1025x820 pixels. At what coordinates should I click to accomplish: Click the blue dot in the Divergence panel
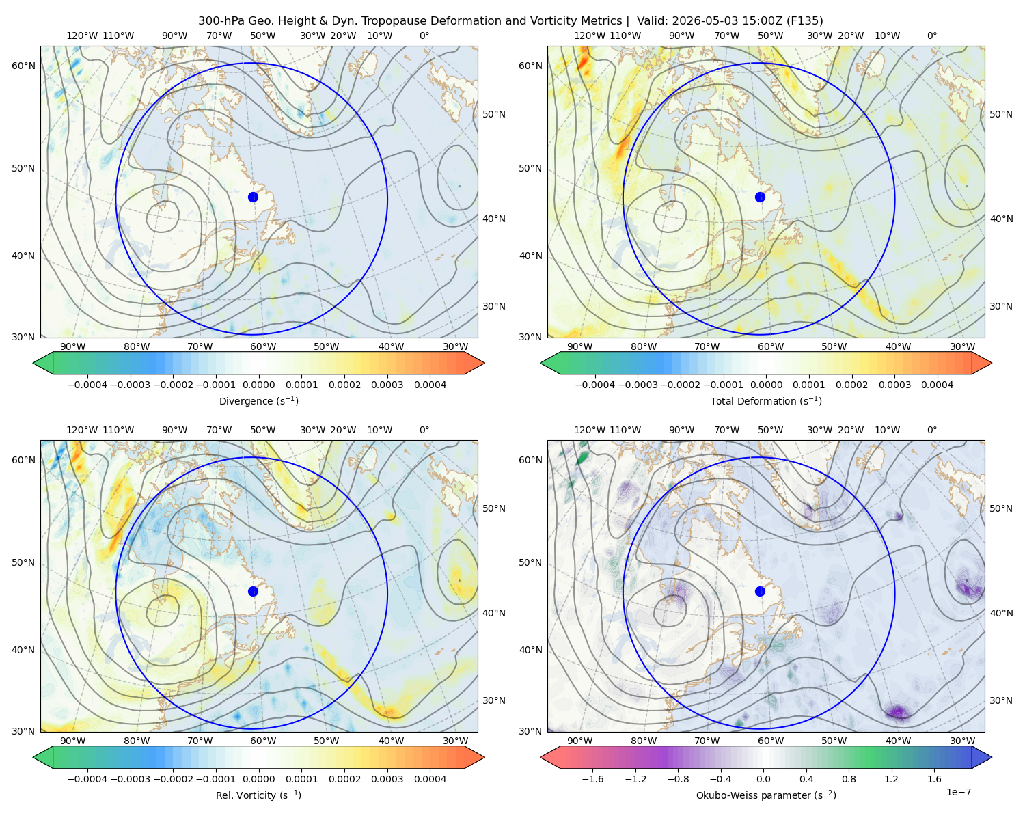253,197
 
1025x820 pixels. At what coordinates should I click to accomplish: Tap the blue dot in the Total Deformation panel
760,197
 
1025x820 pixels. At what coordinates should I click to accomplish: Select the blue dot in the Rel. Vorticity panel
253,591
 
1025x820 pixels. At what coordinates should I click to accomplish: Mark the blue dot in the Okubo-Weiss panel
760,591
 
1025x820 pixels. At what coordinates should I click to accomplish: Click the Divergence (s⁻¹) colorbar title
258,401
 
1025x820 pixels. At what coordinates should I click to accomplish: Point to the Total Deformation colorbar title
766,401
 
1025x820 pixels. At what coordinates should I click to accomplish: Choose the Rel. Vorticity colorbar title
258,795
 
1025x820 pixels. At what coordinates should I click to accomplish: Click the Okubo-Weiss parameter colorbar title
766,795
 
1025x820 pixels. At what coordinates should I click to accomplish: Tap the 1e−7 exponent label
958,792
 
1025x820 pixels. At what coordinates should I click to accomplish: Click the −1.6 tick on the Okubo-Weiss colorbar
593,779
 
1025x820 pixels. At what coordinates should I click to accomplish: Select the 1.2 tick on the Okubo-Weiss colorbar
891,779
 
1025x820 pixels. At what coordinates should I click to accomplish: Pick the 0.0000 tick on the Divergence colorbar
258,385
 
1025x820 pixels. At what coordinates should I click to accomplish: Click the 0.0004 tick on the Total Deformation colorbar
937,385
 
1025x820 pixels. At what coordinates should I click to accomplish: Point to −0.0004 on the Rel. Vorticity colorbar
87,779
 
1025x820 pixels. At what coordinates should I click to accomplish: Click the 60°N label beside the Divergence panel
23,66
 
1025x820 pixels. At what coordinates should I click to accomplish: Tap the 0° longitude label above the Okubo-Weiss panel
931,430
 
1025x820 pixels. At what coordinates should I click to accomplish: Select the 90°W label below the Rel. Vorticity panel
73,741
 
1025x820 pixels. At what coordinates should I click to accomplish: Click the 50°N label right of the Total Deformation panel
1001,114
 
